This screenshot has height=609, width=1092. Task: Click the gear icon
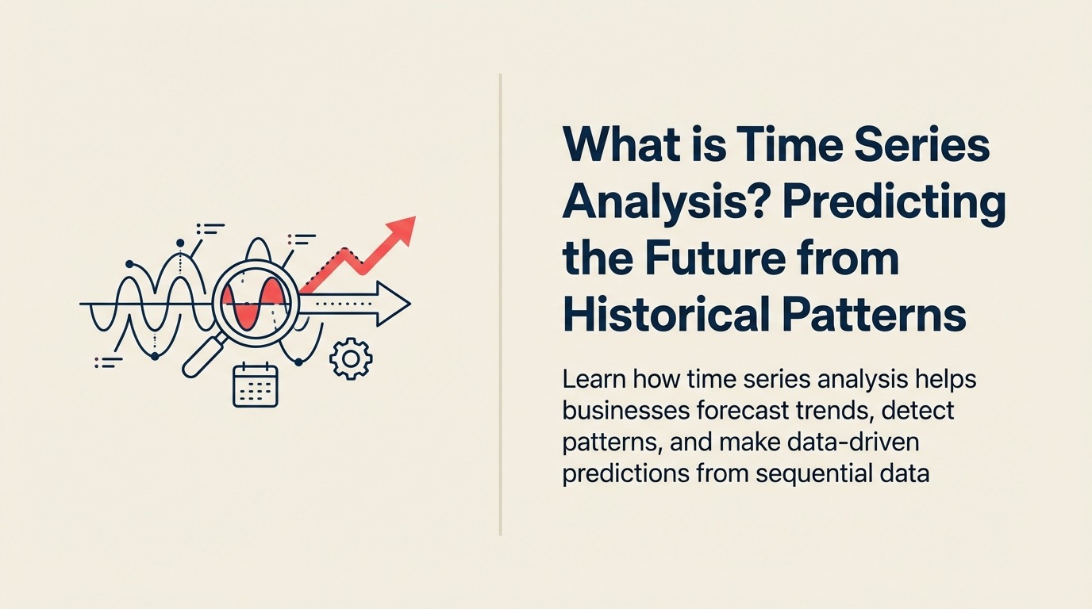350,359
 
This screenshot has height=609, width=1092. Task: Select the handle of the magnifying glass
203,357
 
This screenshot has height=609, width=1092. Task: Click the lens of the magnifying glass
256,301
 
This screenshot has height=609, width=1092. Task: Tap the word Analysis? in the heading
663,203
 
